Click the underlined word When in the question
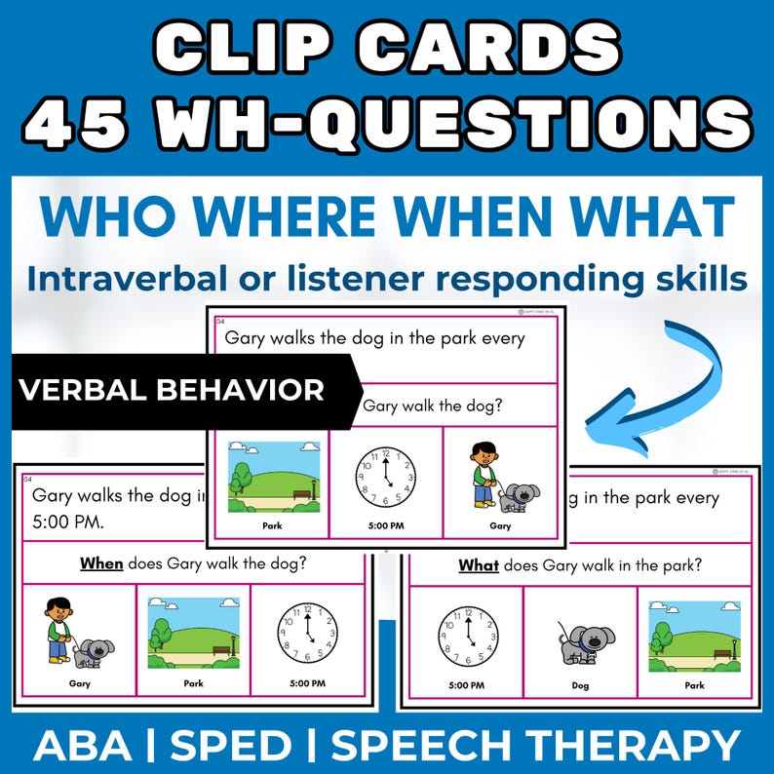tap(101, 562)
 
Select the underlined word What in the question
tap(478, 564)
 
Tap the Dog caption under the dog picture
tap(582, 685)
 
